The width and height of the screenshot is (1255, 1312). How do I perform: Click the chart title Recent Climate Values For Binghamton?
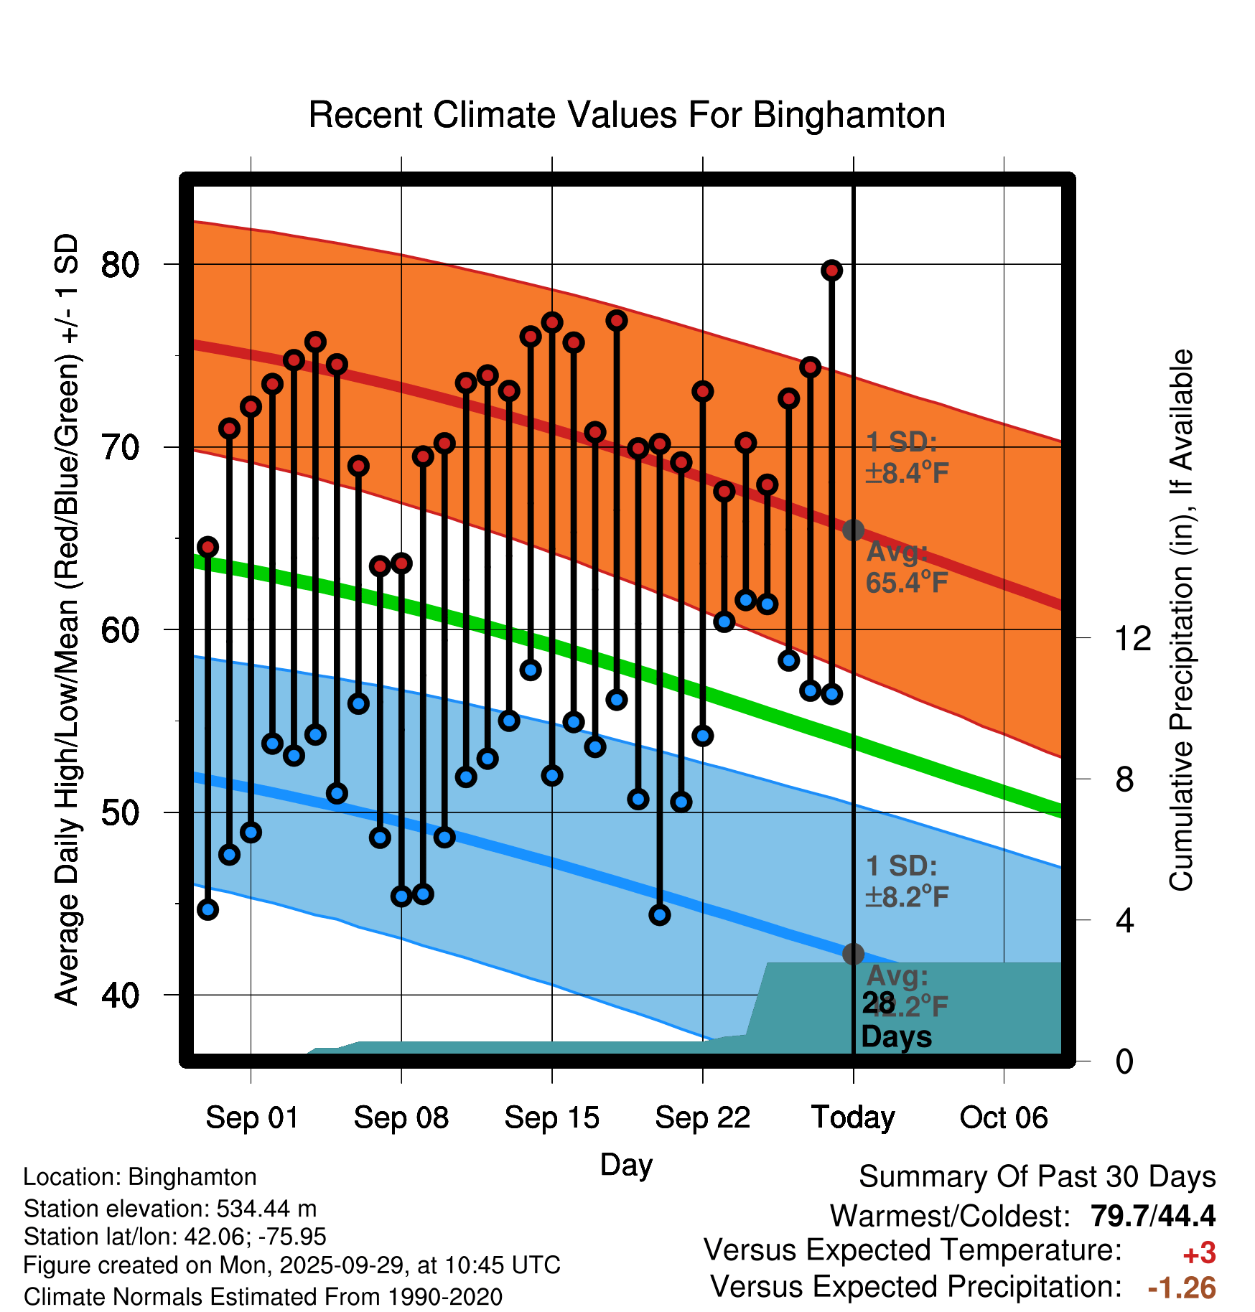[627, 115]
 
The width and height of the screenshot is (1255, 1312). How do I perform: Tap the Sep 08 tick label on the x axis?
[401, 1117]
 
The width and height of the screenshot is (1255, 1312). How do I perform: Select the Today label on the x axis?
[853, 1117]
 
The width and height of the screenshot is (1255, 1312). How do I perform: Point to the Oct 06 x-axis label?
[1003, 1117]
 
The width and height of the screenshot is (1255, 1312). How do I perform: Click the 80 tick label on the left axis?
[120, 265]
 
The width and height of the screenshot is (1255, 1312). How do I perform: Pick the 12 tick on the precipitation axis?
[1133, 637]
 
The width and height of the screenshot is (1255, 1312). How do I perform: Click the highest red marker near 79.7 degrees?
[831, 271]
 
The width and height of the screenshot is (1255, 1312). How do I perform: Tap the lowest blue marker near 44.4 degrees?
[660, 915]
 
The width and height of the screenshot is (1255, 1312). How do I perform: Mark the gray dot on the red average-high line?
[853, 530]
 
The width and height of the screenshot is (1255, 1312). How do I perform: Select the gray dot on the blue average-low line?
[853, 954]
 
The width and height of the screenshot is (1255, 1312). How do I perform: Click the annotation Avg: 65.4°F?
[907, 567]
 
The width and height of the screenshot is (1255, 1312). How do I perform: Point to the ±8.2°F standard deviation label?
[907, 896]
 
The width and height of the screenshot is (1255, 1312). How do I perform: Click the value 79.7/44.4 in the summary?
[1152, 1216]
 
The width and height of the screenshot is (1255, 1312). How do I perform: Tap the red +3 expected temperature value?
[1199, 1253]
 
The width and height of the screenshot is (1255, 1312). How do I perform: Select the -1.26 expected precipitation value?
[1182, 1288]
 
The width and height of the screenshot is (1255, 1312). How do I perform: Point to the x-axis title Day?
[626, 1164]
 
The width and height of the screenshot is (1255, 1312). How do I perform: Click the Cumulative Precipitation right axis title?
[1180, 621]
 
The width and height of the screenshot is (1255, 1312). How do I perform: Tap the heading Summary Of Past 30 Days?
[1037, 1177]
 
